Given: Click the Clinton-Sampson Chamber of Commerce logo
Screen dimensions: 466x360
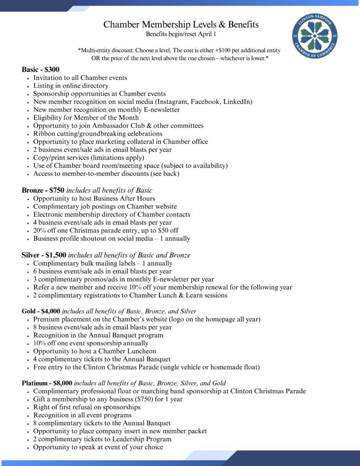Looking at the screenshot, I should [315, 36].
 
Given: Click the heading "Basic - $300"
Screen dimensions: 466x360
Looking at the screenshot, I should [41, 70].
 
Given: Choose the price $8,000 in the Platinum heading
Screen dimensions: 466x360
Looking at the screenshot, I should [62, 383].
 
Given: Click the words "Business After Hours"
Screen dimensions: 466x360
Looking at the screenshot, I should [123, 198].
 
